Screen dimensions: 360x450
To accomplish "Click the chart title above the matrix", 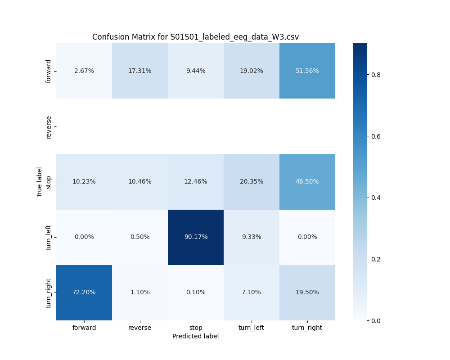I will [195, 37].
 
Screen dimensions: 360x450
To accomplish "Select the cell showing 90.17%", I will [196, 237].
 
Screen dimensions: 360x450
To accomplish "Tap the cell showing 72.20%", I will [84, 292].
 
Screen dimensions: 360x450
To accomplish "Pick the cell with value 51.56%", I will [307, 71].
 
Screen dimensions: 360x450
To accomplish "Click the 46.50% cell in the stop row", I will [307, 182].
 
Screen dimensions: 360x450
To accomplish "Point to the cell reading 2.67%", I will [84, 71].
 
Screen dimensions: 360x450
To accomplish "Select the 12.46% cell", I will [196, 182].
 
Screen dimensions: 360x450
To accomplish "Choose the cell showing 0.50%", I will [140, 237].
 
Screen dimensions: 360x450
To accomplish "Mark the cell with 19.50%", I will [307, 292].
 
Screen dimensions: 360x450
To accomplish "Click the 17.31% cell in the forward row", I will [140, 71].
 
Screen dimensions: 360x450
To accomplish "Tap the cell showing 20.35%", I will [252, 182].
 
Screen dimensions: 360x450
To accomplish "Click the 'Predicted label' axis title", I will [195, 336].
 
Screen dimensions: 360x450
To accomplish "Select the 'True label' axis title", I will [40, 182].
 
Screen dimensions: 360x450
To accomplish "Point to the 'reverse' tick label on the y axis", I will [49, 126].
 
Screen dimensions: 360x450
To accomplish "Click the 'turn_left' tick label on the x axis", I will [252, 328].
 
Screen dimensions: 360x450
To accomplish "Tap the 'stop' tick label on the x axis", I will [196, 328].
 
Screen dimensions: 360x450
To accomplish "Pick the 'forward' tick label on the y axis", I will [49, 71].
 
